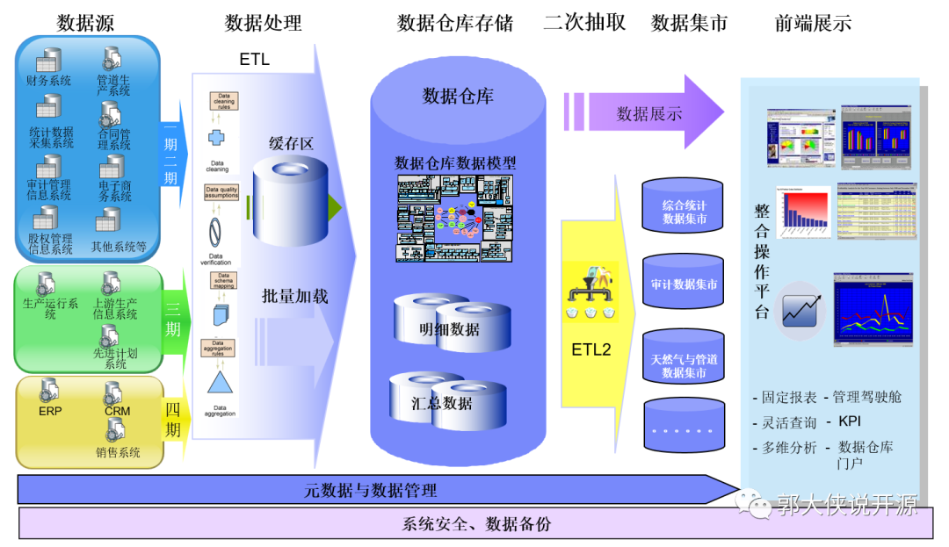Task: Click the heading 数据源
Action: click(85, 23)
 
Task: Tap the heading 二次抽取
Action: click(584, 23)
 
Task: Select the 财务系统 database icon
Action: click(48, 61)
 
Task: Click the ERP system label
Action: click(50, 410)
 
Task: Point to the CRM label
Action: click(117, 411)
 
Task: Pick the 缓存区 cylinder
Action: click(290, 201)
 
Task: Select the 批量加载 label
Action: click(294, 296)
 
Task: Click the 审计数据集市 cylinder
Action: click(685, 284)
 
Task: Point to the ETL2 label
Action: click(590, 349)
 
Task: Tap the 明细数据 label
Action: click(449, 329)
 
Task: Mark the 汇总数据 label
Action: click(443, 404)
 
